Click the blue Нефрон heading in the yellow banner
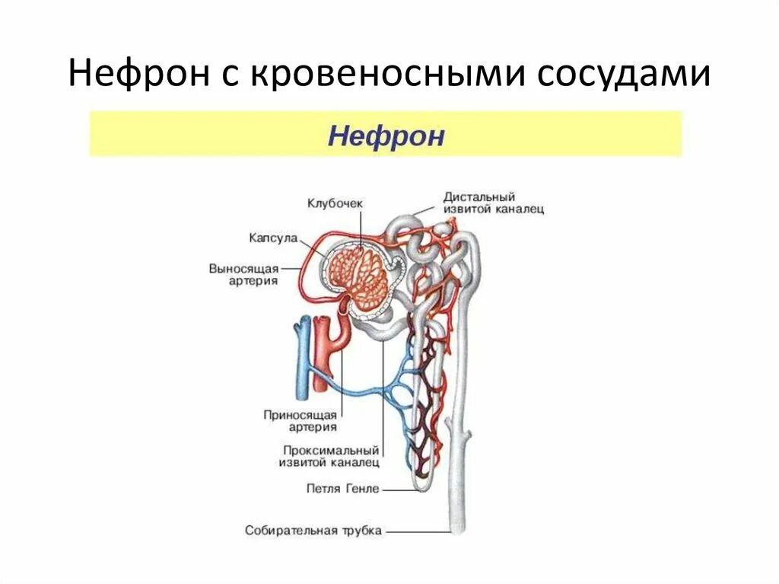(x=386, y=137)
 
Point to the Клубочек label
(x=335, y=203)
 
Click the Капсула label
(x=272, y=238)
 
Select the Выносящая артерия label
(x=243, y=275)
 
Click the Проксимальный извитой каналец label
(x=331, y=456)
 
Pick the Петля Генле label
(x=342, y=489)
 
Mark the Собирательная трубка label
(x=313, y=530)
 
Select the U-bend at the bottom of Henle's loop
(x=423, y=483)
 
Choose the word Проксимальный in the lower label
(x=331, y=450)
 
